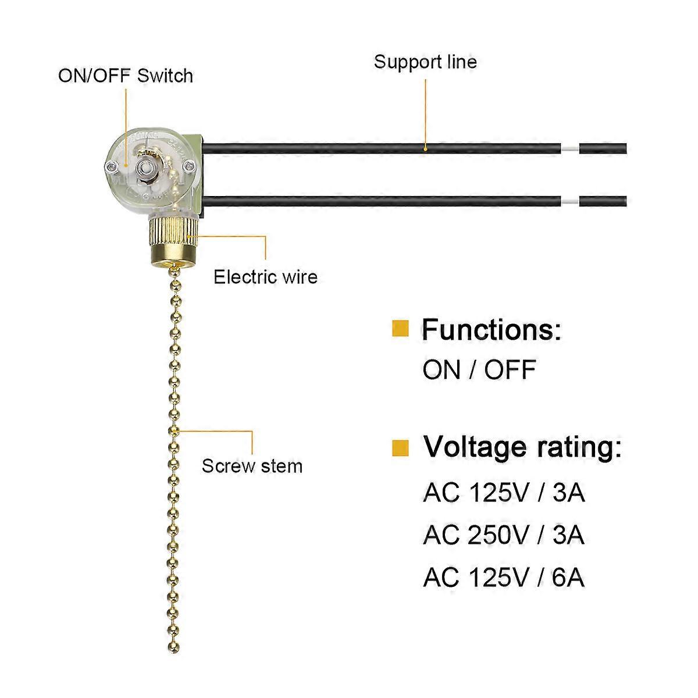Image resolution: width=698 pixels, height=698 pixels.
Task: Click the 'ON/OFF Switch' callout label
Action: click(x=125, y=76)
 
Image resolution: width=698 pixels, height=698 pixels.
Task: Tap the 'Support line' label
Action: click(x=425, y=62)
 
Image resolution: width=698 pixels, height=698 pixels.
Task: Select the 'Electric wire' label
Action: click(x=265, y=276)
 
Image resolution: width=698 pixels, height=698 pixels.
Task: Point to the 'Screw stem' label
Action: click(x=252, y=466)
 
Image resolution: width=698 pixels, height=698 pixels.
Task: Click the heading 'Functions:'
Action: click(x=492, y=330)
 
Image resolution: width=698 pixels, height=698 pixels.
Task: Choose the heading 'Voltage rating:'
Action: click(x=522, y=447)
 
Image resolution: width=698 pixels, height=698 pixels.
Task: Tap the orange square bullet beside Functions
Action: click(x=400, y=329)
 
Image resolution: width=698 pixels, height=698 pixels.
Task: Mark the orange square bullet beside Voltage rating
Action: click(x=400, y=447)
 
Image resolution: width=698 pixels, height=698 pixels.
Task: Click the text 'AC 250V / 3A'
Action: click(x=504, y=535)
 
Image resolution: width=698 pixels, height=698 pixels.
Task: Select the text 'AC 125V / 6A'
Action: click(x=504, y=578)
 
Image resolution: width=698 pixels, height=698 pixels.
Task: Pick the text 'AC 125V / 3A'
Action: click(x=504, y=493)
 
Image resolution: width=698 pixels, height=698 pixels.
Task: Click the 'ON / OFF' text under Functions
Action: click(x=479, y=370)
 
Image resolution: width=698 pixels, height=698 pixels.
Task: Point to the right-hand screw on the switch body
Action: click(x=187, y=167)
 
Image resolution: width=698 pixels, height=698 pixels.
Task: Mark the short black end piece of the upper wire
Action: click(x=603, y=147)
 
